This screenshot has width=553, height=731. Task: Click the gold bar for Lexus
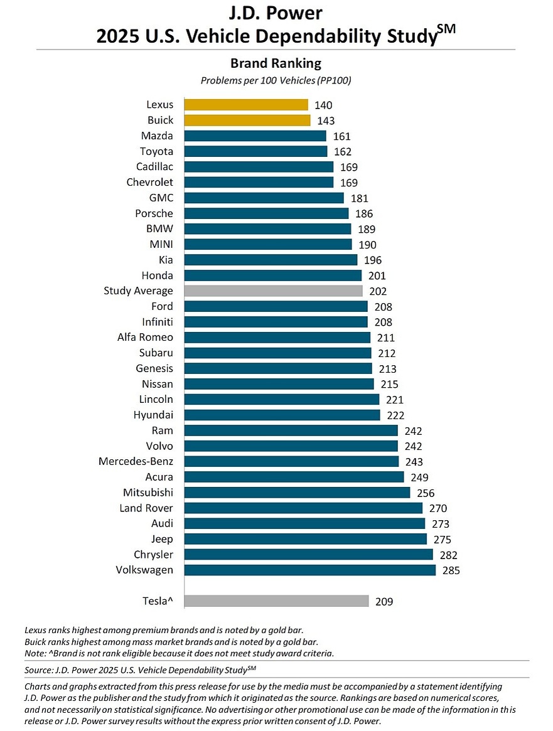(246, 105)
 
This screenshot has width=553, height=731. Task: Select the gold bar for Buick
(247, 120)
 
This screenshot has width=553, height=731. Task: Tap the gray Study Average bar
(273, 291)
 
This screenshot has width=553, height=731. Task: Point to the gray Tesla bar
(276, 601)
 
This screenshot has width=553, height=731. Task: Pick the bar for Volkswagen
(309, 570)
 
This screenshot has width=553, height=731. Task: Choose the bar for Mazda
(255, 136)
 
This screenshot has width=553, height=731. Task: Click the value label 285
(451, 571)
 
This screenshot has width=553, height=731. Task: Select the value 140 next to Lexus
(323, 105)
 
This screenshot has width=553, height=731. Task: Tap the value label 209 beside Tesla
(384, 602)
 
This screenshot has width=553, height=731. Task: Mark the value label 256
(426, 493)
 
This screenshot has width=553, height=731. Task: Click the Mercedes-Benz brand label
(136, 461)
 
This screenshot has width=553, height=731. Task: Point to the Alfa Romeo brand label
(145, 337)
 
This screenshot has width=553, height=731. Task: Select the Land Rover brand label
(146, 508)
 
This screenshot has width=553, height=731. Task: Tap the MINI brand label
(159, 244)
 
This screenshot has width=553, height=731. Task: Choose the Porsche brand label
(154, 213)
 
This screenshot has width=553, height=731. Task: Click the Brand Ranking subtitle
(276, 63)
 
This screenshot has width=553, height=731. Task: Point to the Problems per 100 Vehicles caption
(276, 81)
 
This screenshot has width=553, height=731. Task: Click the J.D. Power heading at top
(276, 13)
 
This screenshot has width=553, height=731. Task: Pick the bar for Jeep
(305, 539)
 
